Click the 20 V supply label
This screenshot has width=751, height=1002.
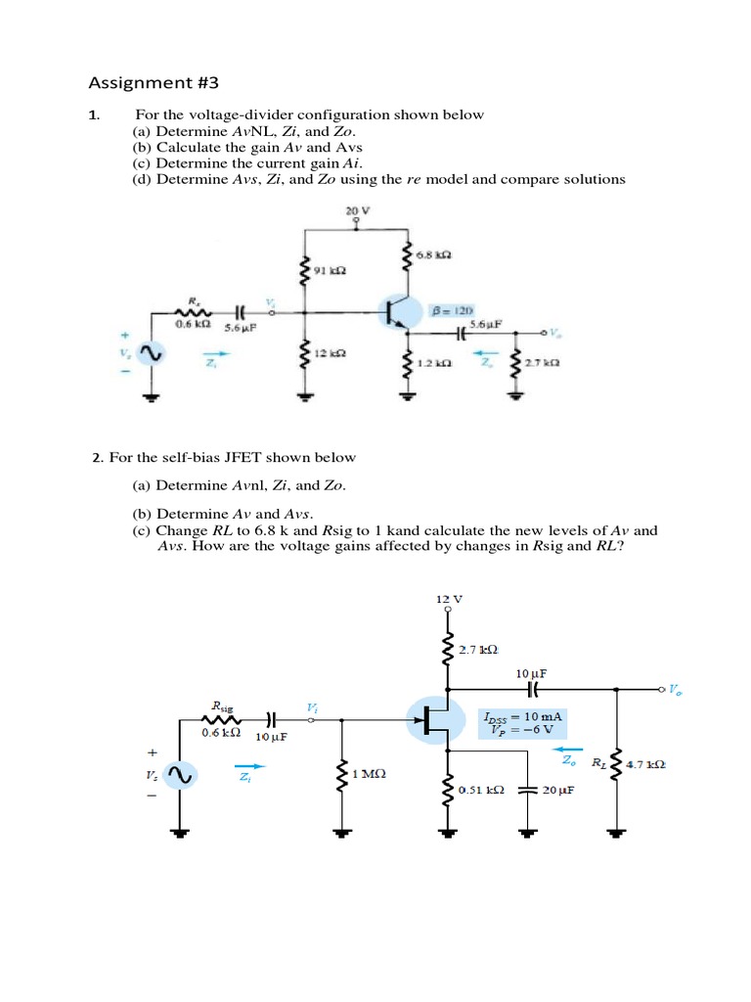click(355, 209)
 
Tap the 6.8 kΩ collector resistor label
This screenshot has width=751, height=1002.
click(434, 254)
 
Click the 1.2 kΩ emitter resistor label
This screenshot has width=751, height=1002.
click(433, 363)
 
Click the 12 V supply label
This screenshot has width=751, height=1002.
click(449, 598)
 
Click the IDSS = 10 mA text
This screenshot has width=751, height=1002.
click(523, 716)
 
